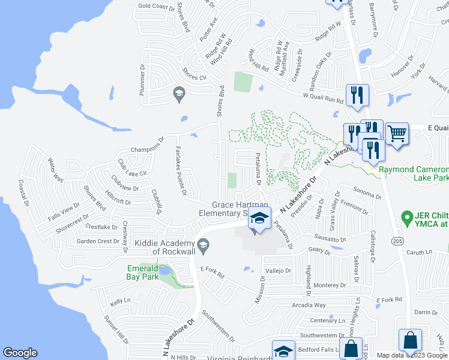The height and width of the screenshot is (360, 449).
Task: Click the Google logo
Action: click(x=20, y=353)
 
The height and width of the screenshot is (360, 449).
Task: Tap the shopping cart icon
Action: click(x=396, y=133)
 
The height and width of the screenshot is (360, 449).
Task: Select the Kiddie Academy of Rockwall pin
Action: click(x=203, y=243)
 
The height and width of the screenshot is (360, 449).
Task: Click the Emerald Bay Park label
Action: click(x=143, y=272)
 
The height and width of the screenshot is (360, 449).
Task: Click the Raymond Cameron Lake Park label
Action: click(x=414, y=174)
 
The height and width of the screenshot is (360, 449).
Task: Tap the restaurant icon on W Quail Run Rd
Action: click(x=357, y=94)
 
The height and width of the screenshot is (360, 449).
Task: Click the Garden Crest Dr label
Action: click(x=98, y=241)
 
